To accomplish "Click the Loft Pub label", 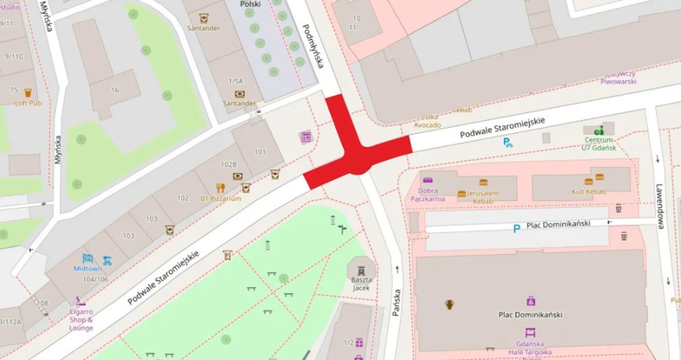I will tap(28, 103).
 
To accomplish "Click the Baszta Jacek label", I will tap(361, 284).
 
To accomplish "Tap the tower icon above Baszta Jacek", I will tap(361, 270).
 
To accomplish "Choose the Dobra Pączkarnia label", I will tap(428, 195).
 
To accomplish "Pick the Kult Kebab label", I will tap(588, 192).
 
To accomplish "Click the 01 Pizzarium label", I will tap(221, 198).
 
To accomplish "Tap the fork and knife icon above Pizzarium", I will tap(220, 187).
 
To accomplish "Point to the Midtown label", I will tap(88, 269).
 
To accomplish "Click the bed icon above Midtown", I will tap(88, 259).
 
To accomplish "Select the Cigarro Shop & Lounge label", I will tap(81, 319).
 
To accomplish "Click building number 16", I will tap(115, 90).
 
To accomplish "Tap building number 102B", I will tap(229, 164).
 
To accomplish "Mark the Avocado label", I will tap(428, 125).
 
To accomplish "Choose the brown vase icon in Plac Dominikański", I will tap(449, 304).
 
